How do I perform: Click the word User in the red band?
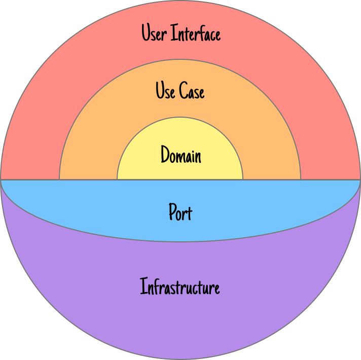click(154, 33)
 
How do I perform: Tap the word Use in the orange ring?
click(165, 91)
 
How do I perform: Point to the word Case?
click(192, 91)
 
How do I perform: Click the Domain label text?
click(181, 155)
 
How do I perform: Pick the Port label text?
click(180, 212)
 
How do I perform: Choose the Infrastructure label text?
click(180, 287)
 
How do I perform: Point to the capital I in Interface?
click(174, 33)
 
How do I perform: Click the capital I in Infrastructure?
click(142, 287)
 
